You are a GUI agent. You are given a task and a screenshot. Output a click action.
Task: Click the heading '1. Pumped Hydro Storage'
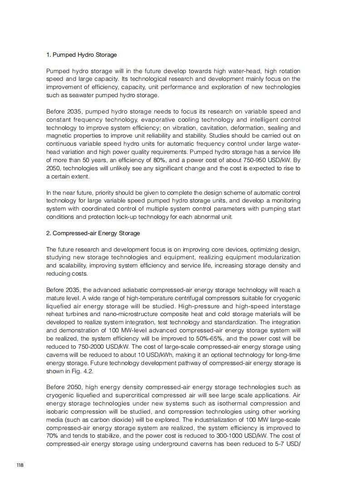click(x=81, y=55)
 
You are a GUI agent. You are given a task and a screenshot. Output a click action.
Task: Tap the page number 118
click(x=20, y=465)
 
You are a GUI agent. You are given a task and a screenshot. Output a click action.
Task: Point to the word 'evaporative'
click(x=174, y=120)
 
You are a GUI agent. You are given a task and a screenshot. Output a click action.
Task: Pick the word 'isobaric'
click(x=58, y=412)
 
